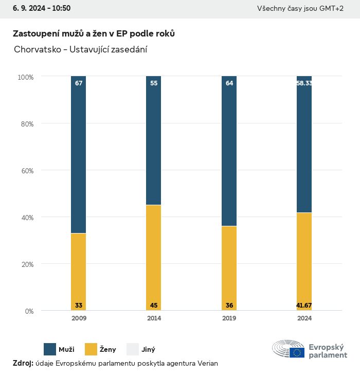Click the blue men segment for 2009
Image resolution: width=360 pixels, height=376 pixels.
79,154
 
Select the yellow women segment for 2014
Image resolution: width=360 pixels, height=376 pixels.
154,257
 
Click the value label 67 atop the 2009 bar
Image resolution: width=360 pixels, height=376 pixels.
79,83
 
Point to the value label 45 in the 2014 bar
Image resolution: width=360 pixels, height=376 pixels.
154,306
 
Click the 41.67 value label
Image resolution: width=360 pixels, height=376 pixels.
304,306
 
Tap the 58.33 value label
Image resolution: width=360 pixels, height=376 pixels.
304,83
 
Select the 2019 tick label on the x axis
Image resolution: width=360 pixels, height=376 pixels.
229,318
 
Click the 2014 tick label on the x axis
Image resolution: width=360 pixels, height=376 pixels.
154,318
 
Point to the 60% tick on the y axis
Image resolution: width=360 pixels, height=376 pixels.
26,171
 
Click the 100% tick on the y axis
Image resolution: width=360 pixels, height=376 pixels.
25,77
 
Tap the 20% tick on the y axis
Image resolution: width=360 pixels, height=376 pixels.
26,264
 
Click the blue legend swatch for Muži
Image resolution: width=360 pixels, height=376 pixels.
50,349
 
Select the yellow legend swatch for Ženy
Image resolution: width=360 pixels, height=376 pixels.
91,349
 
